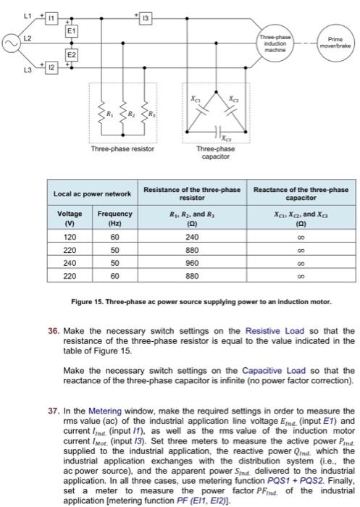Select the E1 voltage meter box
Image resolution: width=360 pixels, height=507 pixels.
coord(71,32)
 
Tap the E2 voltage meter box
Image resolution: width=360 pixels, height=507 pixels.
coord(71,54)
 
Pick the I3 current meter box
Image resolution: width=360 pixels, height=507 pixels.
coord(145,15)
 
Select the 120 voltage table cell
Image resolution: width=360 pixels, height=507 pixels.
coord(71,236)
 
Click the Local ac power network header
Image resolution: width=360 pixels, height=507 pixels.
coord(92,193)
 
